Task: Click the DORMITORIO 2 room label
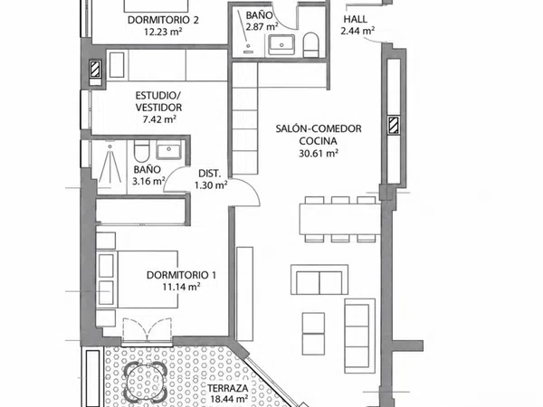coord(163,20)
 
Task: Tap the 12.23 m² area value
coord(163,32)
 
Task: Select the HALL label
coord(356,19)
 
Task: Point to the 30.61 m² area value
coord(319,153)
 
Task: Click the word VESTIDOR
coord(158,108)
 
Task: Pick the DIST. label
coord(210,174)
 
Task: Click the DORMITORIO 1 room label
coord(182,275)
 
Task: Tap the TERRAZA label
coord(228,388)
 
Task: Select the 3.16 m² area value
coord(148,181)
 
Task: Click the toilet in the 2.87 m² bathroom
coord(310,45)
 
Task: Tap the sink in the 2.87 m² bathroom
coord(281,44)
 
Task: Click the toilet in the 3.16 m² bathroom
coord(141,151)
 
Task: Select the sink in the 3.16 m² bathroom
coord(168,149)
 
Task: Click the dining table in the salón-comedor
coord(339,219)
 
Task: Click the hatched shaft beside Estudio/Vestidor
coord(95,69)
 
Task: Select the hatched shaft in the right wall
coord(394,126)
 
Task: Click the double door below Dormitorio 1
coord(148,332)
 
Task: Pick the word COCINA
coord(318,141)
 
